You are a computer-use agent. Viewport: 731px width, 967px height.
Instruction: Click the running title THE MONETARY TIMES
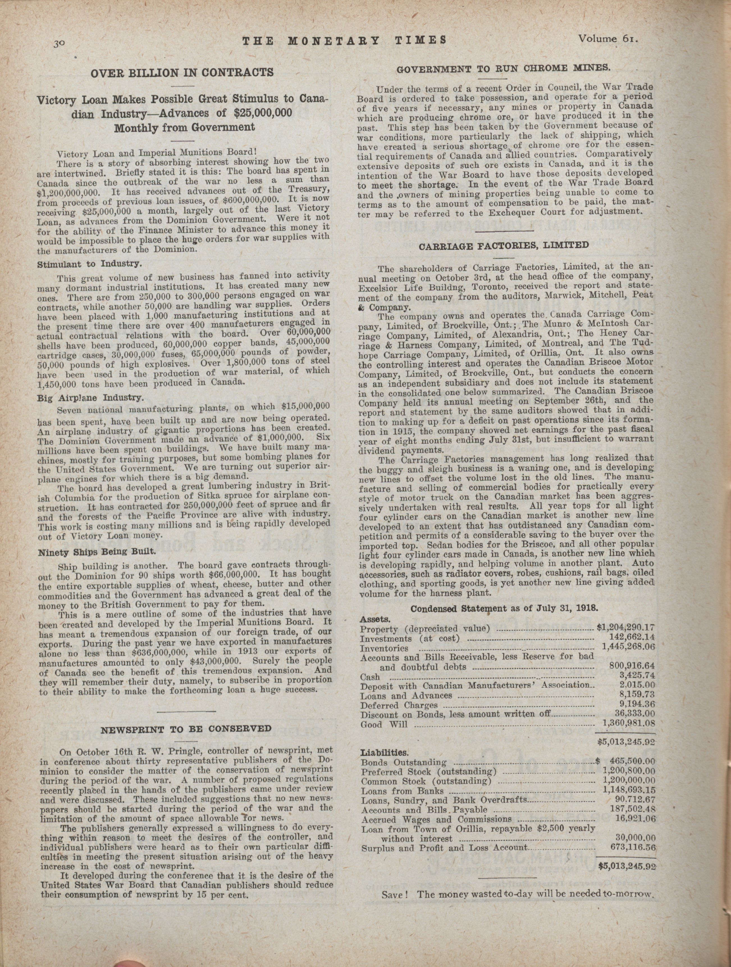tap(344, 40)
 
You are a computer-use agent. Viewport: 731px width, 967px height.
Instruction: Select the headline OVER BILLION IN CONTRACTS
tap(182, 72)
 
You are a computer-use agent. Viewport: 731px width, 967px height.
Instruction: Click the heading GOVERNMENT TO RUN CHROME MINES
tap(504, 68)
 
